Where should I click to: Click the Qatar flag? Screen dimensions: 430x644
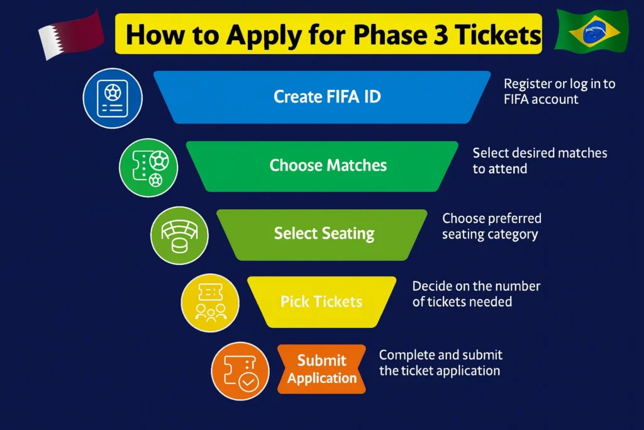tap(70, 34)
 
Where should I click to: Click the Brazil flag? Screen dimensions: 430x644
tap(591, 31)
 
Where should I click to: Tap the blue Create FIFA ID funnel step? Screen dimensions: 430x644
tap(323, 97)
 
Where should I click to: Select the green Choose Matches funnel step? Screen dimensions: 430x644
tap(323, 166)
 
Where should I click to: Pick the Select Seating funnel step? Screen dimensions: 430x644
tap(323, 234)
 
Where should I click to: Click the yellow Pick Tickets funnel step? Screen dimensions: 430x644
tap(321, 302)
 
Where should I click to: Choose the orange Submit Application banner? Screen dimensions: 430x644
tap(321, 369)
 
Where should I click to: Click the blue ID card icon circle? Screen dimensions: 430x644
tap(113, 98)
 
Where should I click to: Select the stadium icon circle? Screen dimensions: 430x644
tap(180, 235)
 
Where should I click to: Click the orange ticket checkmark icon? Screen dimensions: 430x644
tap(241, 371)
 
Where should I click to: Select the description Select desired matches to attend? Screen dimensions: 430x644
tap(540, 160)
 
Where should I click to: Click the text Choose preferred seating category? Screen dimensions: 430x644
tap(491, 227)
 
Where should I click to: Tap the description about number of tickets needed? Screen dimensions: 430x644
tap(476, 293)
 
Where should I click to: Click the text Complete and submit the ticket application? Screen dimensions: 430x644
tap(440, 363)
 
